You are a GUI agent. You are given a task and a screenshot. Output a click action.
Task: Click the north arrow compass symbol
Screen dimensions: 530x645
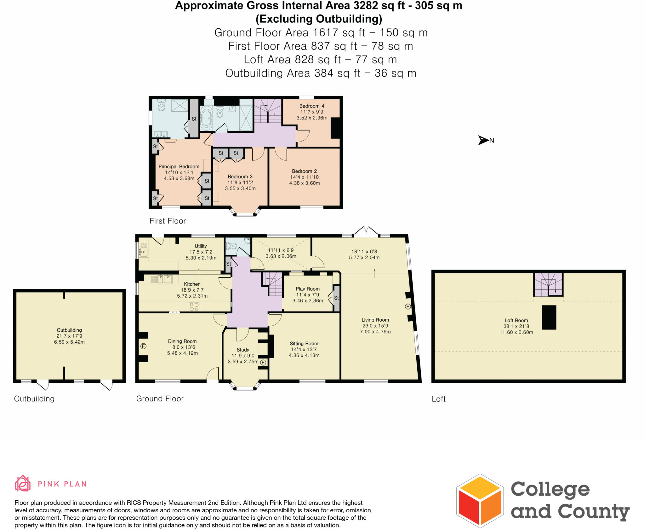click(483, 140)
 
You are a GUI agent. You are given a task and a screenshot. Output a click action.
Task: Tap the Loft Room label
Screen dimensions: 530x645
click(516, 320)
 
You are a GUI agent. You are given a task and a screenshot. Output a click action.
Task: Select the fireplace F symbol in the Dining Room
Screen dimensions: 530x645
click(143, 346)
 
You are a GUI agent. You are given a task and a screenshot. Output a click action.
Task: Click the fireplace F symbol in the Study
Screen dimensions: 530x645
click(263, 363)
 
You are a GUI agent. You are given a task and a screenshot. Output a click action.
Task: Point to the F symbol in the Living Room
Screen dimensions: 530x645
click(408, 306)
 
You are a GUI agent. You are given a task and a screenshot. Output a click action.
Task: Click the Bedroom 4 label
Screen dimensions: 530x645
click(311, 106)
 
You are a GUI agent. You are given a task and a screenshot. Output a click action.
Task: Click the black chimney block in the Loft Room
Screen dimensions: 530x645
click(549, 317)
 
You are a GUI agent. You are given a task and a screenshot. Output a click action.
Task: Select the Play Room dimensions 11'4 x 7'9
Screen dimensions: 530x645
click(307, 295)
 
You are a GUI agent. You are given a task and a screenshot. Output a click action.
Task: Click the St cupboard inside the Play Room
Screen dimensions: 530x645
click(336, 298)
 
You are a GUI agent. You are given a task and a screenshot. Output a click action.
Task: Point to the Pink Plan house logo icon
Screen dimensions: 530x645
click(23, 483)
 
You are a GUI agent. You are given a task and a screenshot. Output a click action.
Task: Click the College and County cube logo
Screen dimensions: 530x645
click(480, 501)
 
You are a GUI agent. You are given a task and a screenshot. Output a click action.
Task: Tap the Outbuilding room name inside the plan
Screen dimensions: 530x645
click(69, 330)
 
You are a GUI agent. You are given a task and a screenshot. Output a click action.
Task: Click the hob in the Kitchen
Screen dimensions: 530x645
click(194, 306)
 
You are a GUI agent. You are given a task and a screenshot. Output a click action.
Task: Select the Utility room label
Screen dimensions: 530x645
click(201, 246)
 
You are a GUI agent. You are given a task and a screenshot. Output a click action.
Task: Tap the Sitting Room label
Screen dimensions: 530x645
click(304, 344)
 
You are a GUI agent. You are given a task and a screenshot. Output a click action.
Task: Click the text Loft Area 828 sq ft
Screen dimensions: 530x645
click(292, 60)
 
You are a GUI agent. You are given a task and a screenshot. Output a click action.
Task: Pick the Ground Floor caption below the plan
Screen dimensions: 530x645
click(160, 399)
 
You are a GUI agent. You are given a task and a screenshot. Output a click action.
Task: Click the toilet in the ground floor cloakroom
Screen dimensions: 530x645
click(232, 246)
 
